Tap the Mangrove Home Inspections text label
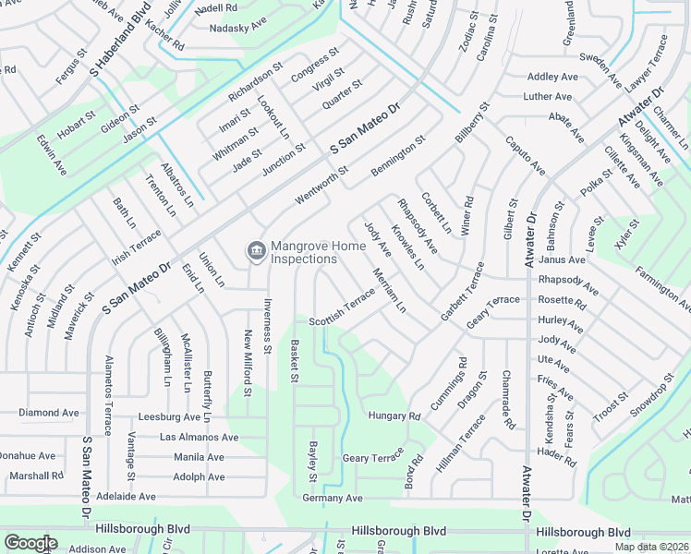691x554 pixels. tap(303, 253)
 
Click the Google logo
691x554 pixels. tap(30, 543)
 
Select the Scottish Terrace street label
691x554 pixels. tap(342, 306)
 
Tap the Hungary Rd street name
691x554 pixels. tap(394, 416)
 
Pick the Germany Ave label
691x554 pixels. tap(333, 498)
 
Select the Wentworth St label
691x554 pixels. tap(322, 186)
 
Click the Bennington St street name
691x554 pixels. tap(397, 158)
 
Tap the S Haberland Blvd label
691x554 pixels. tap(120, 38)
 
